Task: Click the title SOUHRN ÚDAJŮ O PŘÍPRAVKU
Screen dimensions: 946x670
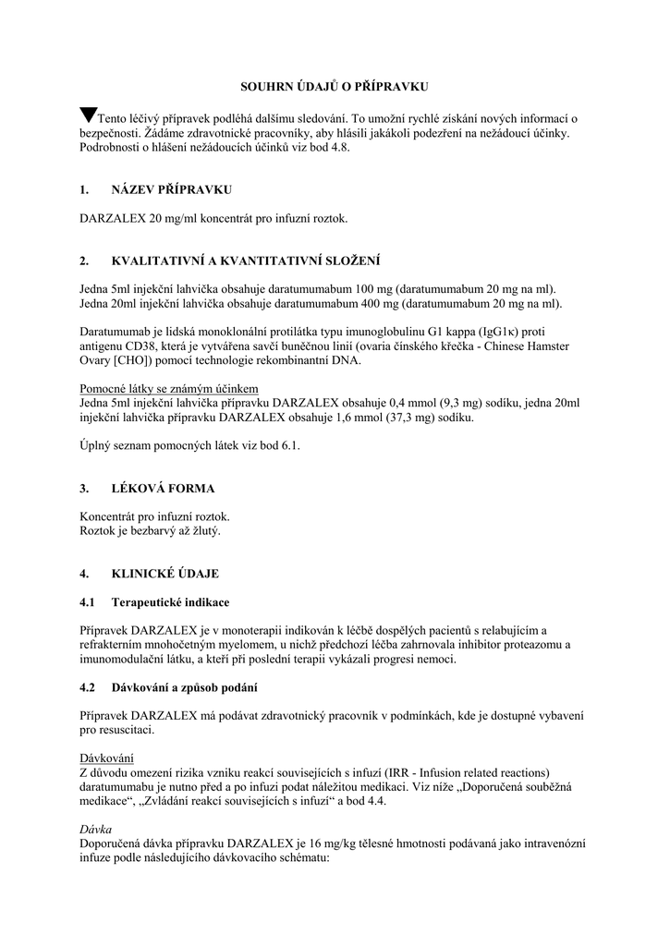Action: coord(335,86)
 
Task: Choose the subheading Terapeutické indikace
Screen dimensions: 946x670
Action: coord(171,601)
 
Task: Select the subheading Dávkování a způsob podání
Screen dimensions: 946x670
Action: coord(185,687)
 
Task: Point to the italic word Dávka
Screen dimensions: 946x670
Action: coord(95,829)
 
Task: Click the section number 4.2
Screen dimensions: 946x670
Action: coord(88,687)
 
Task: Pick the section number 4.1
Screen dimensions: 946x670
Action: coord(88,601)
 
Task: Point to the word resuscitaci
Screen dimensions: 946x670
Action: coord(128,730)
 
